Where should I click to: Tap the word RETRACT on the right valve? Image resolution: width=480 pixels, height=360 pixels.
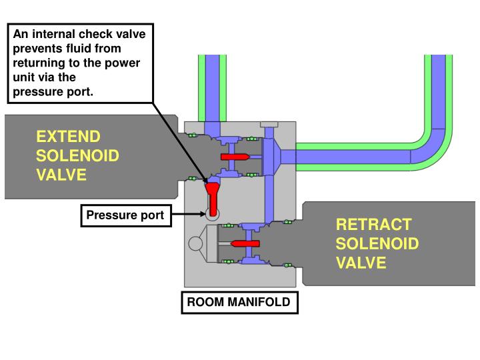(373, 225)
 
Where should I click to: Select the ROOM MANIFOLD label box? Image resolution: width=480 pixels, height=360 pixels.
(239, 302)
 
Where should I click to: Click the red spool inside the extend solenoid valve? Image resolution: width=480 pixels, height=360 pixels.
(234, 157)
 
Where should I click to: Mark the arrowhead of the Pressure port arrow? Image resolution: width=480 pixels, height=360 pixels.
(205, 214)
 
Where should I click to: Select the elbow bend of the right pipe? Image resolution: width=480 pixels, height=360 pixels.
(431, 149)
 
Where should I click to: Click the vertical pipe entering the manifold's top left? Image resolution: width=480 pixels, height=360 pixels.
(212, 87)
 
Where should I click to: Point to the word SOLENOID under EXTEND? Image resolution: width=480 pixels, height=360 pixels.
(77, 156)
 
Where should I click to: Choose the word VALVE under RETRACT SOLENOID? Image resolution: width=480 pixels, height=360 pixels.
(361, 262)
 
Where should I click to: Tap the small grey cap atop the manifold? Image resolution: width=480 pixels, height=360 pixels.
(269, 125)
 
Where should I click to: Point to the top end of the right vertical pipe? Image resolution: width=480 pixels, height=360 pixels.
(438, 59)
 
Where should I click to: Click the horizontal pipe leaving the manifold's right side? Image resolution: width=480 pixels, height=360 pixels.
(353, 157)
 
